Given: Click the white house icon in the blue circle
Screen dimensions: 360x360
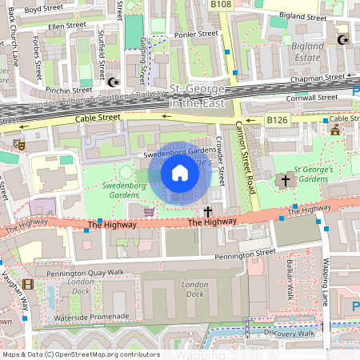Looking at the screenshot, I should [x=180, y=173].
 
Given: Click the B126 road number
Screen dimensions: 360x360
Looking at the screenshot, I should [x=277, y=119].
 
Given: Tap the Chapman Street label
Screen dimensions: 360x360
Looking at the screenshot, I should [x=318, y=78].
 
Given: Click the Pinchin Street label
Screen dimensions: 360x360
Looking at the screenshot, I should [x=66, y=91].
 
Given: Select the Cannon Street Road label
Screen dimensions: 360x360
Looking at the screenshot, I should [x=244, y=160].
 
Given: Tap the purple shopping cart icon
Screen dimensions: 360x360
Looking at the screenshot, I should [x=148, y=211].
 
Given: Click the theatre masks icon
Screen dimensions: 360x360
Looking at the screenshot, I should [x=18, y=145].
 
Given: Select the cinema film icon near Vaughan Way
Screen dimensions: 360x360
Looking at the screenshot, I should [x=28, y=284].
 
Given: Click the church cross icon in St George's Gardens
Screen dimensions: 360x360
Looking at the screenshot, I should [x=284, y=181].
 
